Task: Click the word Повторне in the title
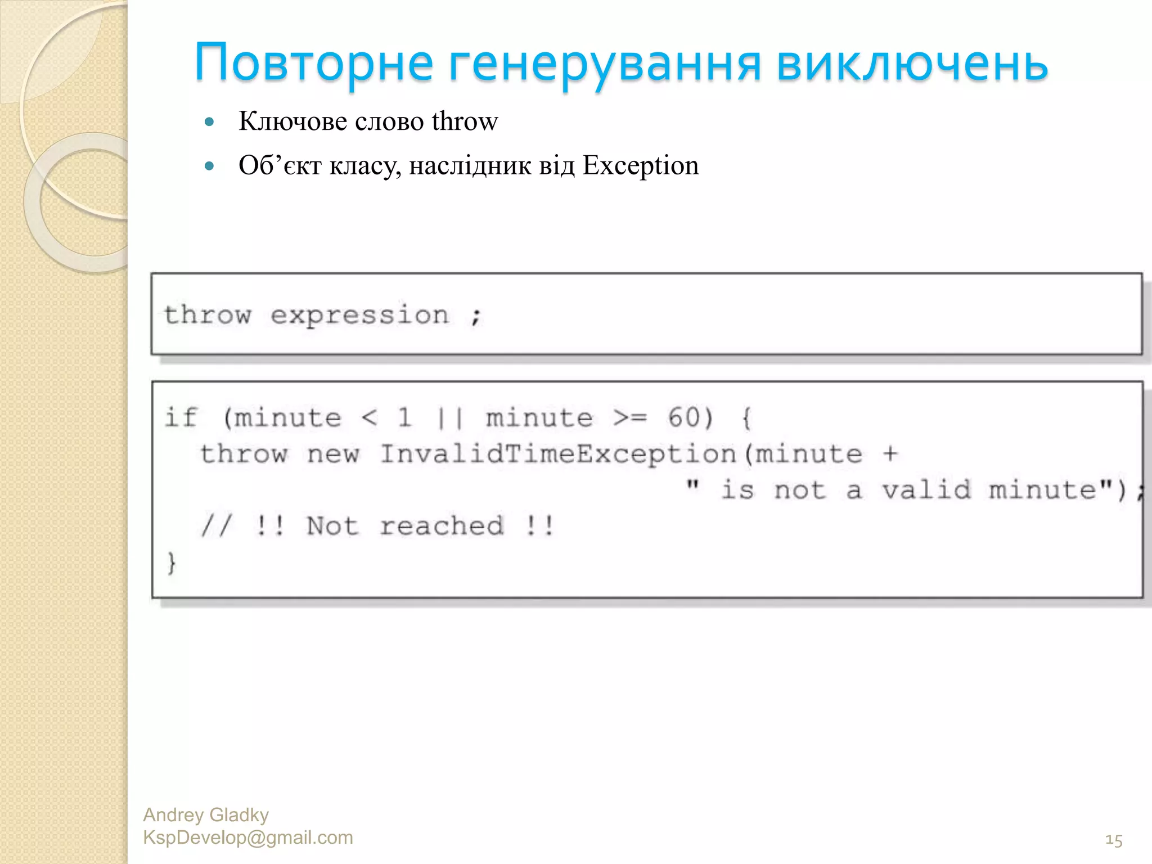[314, 63]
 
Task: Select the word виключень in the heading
[912, 63]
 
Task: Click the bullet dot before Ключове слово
[210, 121]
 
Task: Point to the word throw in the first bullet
[465, 121]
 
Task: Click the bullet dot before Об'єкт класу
[210, 166]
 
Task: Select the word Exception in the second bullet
[640, 165]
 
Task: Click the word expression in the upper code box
[360, 315]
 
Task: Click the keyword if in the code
[181, 418]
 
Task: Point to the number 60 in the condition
[683, 418]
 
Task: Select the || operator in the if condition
[450, 418]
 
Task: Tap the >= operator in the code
[630, 418]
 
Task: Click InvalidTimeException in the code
[558, 454]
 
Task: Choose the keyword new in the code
[333, 454]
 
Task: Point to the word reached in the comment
[442, 526]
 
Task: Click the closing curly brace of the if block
[172, 562]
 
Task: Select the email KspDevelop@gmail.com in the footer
[248, 838]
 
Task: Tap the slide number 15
[1114, 840]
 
